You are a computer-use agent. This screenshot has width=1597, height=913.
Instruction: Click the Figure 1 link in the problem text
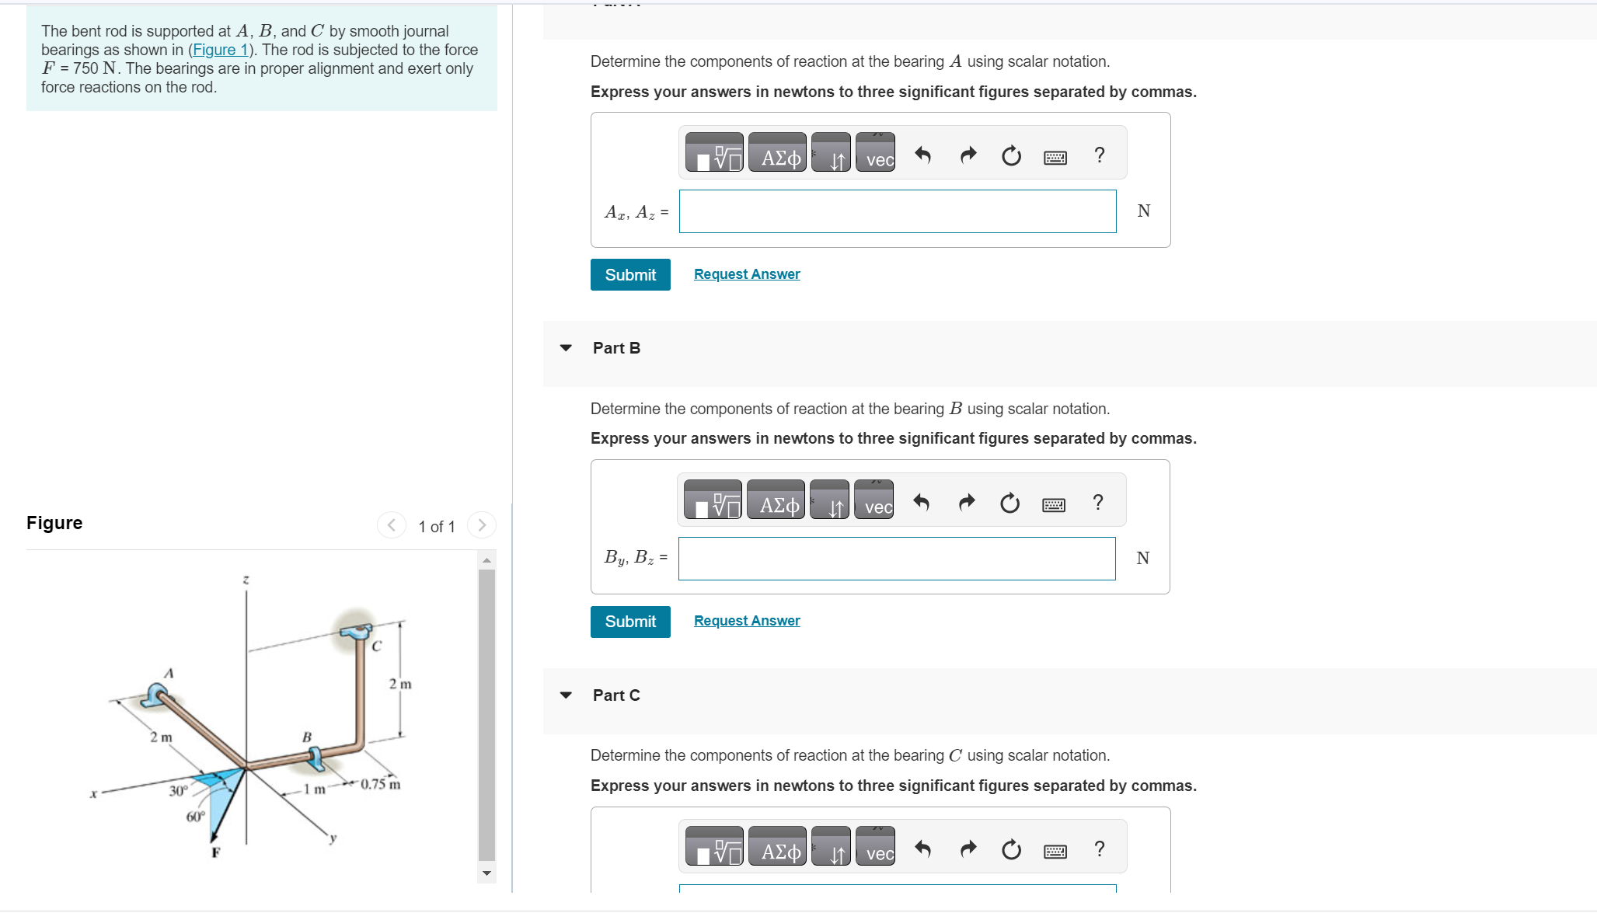tap(221, 50)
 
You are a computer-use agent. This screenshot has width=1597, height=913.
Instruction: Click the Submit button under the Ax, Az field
tap(630, 275)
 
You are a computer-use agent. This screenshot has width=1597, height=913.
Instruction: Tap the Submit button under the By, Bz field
tap(630, 622)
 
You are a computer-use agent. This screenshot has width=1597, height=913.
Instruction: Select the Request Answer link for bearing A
tap(747, 274)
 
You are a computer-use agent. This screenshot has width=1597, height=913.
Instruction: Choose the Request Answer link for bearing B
tap(747, 621)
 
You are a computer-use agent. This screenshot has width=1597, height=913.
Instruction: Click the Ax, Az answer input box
tap(898, 211)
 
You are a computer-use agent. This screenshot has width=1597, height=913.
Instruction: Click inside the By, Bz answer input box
tap(897, 559)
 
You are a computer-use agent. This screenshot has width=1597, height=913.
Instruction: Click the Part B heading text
tap(616, 348)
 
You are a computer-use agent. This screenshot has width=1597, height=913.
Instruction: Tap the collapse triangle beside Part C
tap(566, 695)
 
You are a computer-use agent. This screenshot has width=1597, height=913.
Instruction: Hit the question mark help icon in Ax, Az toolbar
tap(1099, 155)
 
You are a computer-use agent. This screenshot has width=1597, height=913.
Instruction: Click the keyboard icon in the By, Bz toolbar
tap(1054, 505)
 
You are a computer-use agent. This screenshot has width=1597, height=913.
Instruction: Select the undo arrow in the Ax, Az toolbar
tap(922, 155)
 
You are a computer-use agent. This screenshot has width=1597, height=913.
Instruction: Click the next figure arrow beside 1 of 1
tap(482, 525)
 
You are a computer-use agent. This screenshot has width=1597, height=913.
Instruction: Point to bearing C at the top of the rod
tap(356, 632)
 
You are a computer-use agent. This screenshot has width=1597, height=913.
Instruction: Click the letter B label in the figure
tap(307, 737)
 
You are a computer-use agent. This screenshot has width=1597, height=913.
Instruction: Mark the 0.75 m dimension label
tap(381, 784)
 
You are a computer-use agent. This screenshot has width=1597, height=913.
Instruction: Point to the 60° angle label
tap(195, 817)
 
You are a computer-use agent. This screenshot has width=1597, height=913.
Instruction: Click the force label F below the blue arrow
tap(216, 852)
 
